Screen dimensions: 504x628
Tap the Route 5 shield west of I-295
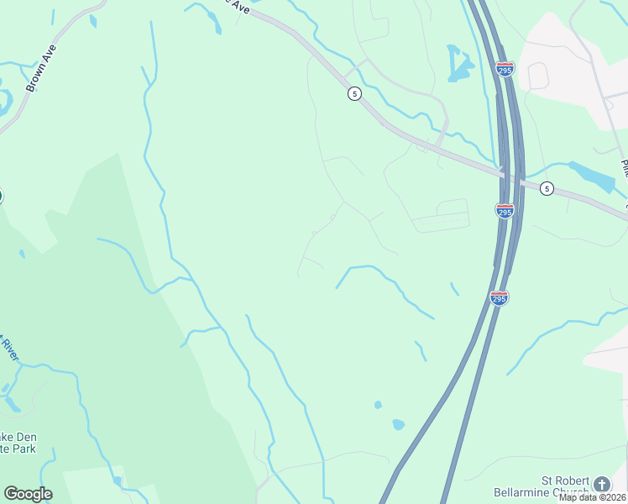(354, 93)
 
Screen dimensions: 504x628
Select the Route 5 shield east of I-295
(547, 189)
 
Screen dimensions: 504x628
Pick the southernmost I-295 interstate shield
(499, 298)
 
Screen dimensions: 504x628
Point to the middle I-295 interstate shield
(505, 210)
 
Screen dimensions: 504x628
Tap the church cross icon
(601, 484)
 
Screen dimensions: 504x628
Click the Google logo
(28, 494)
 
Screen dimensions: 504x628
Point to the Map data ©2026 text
(593, 497)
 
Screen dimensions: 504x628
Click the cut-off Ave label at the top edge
(239, 6)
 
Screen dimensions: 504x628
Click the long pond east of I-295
(594, 177)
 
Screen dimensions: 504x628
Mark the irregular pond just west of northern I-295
(458, 63)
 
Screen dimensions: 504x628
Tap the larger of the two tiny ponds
(398, 424)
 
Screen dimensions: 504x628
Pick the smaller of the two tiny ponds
(378, 405)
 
